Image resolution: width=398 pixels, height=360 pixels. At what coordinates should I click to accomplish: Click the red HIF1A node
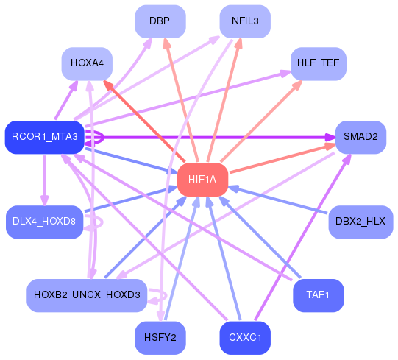[202, 180]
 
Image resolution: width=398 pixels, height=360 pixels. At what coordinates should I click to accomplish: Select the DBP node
[160, 21]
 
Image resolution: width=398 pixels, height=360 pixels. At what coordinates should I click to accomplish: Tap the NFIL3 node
[245, 21]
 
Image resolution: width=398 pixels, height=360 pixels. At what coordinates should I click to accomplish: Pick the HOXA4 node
[87, 64]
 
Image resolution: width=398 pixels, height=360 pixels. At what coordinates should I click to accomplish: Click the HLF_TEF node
[319, 64]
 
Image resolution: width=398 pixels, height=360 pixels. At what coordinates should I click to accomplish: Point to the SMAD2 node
[360, 137]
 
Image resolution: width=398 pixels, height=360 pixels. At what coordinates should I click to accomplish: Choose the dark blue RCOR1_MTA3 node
[45, 137]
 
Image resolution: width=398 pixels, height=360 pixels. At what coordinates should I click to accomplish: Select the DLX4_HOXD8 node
[44, 222]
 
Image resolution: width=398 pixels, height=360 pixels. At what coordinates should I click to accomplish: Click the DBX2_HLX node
[360, 222]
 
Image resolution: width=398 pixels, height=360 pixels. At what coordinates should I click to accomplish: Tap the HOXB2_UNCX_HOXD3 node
[87, 295]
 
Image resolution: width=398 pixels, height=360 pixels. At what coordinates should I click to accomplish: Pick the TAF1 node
[319, 295]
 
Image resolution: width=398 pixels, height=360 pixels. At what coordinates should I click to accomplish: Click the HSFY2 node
[160, 338]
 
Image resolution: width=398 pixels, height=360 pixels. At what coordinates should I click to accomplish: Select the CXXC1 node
[245, 338]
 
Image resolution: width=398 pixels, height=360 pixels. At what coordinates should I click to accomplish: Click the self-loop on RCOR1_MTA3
[103, 138]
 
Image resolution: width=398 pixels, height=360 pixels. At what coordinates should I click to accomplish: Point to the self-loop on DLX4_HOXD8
[102, 222]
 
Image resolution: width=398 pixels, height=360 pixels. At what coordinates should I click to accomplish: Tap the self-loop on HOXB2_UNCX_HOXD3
[166, 296]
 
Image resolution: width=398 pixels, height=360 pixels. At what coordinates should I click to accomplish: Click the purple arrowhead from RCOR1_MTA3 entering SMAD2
[330, 138]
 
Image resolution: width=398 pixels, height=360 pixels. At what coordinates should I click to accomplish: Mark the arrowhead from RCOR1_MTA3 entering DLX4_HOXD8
[45, 200]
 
